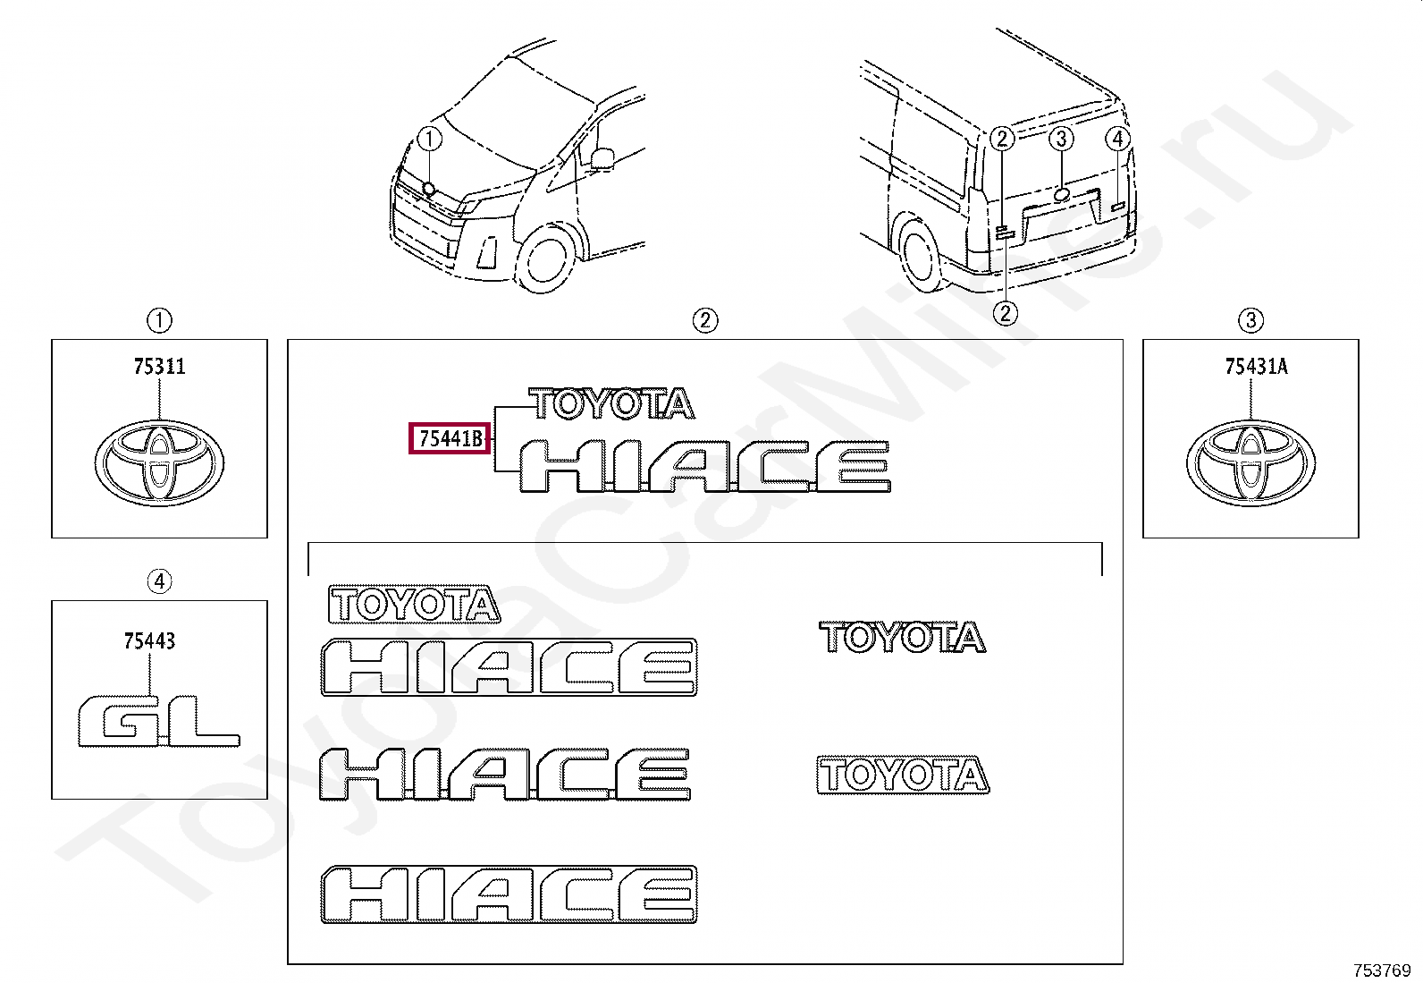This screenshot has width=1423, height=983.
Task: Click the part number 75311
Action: coord(159,367)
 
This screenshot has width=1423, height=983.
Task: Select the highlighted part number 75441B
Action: coord(450,438)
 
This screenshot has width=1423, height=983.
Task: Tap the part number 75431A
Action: coord(1256,367)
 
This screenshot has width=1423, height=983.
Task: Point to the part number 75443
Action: coord(150,641)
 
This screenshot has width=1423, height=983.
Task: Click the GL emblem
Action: coord(159,721)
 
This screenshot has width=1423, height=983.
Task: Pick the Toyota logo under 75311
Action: coord(159,463)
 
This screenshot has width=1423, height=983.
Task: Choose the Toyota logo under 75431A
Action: coord(1250,463)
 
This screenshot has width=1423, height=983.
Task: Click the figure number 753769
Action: coord(1383,970)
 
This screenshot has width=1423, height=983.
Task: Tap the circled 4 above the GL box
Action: coord(159,581)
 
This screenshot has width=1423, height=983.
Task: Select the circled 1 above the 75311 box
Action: coord(159,320)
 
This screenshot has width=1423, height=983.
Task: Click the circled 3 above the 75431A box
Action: coord(1250,320)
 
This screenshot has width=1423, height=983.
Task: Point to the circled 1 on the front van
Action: coord(429,139)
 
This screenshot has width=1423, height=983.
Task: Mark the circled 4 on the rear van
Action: coord(1118,139)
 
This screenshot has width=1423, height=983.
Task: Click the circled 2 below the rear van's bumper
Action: coord(1005,313)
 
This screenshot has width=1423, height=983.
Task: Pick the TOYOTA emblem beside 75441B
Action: coord(611,403)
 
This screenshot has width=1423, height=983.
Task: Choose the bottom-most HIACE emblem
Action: coord(509,894)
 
